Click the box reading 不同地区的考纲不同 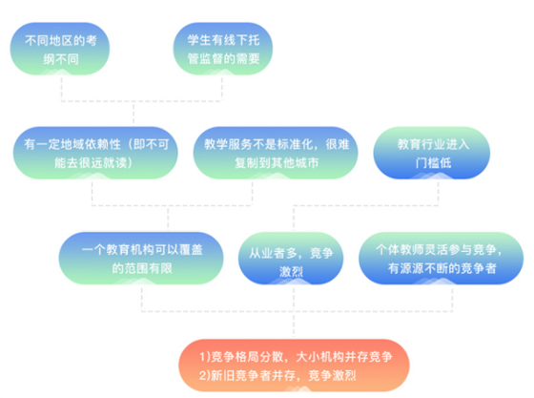(x=60, y=49)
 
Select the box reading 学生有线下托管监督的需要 (x=223, y=49)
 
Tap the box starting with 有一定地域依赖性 (x=95, y=153)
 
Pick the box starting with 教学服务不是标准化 (x=276, y=153)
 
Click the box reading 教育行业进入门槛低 (x=432, y=153)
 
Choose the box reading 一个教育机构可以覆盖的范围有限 (x=141, y=259)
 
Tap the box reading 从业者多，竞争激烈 (x=291, y=259)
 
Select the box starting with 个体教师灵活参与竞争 (x=441, y=259)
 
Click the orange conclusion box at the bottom (x=295, y=366)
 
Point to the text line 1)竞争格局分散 (x=296, y=357)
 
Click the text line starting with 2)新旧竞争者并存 (x=277, y=375)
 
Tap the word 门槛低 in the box (x=433, y=163)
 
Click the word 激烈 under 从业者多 (x=291, y=272)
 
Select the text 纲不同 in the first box (x=61, y=59)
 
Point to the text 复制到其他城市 (x=277, y=163)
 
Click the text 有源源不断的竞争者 (x=442, y=268)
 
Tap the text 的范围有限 (x=142, y=268)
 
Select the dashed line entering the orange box (x=294, y=325)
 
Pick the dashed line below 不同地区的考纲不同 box (x=61, y=90)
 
